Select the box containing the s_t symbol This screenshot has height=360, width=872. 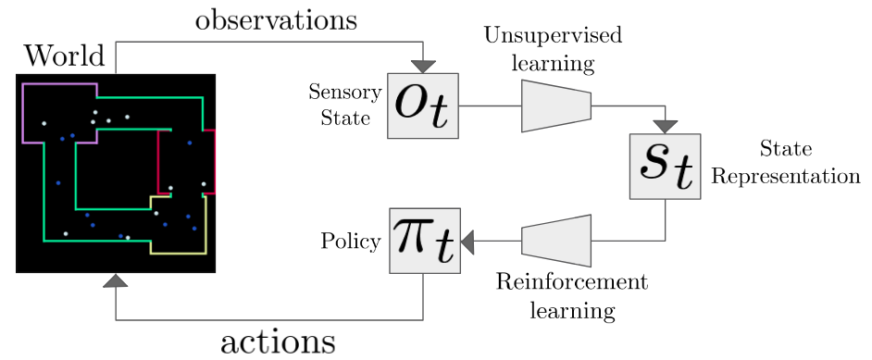[x=665, y=167]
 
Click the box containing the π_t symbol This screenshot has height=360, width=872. [x=423, y=241]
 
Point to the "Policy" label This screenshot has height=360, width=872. [x=351, y=242]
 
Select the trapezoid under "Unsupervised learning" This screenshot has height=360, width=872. [x=556, y=100]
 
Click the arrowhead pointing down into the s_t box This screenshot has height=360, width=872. [x=665, y=127]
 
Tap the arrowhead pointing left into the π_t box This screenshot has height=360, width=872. [x=467, y=242]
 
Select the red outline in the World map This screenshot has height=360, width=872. [x=214, y=162]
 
